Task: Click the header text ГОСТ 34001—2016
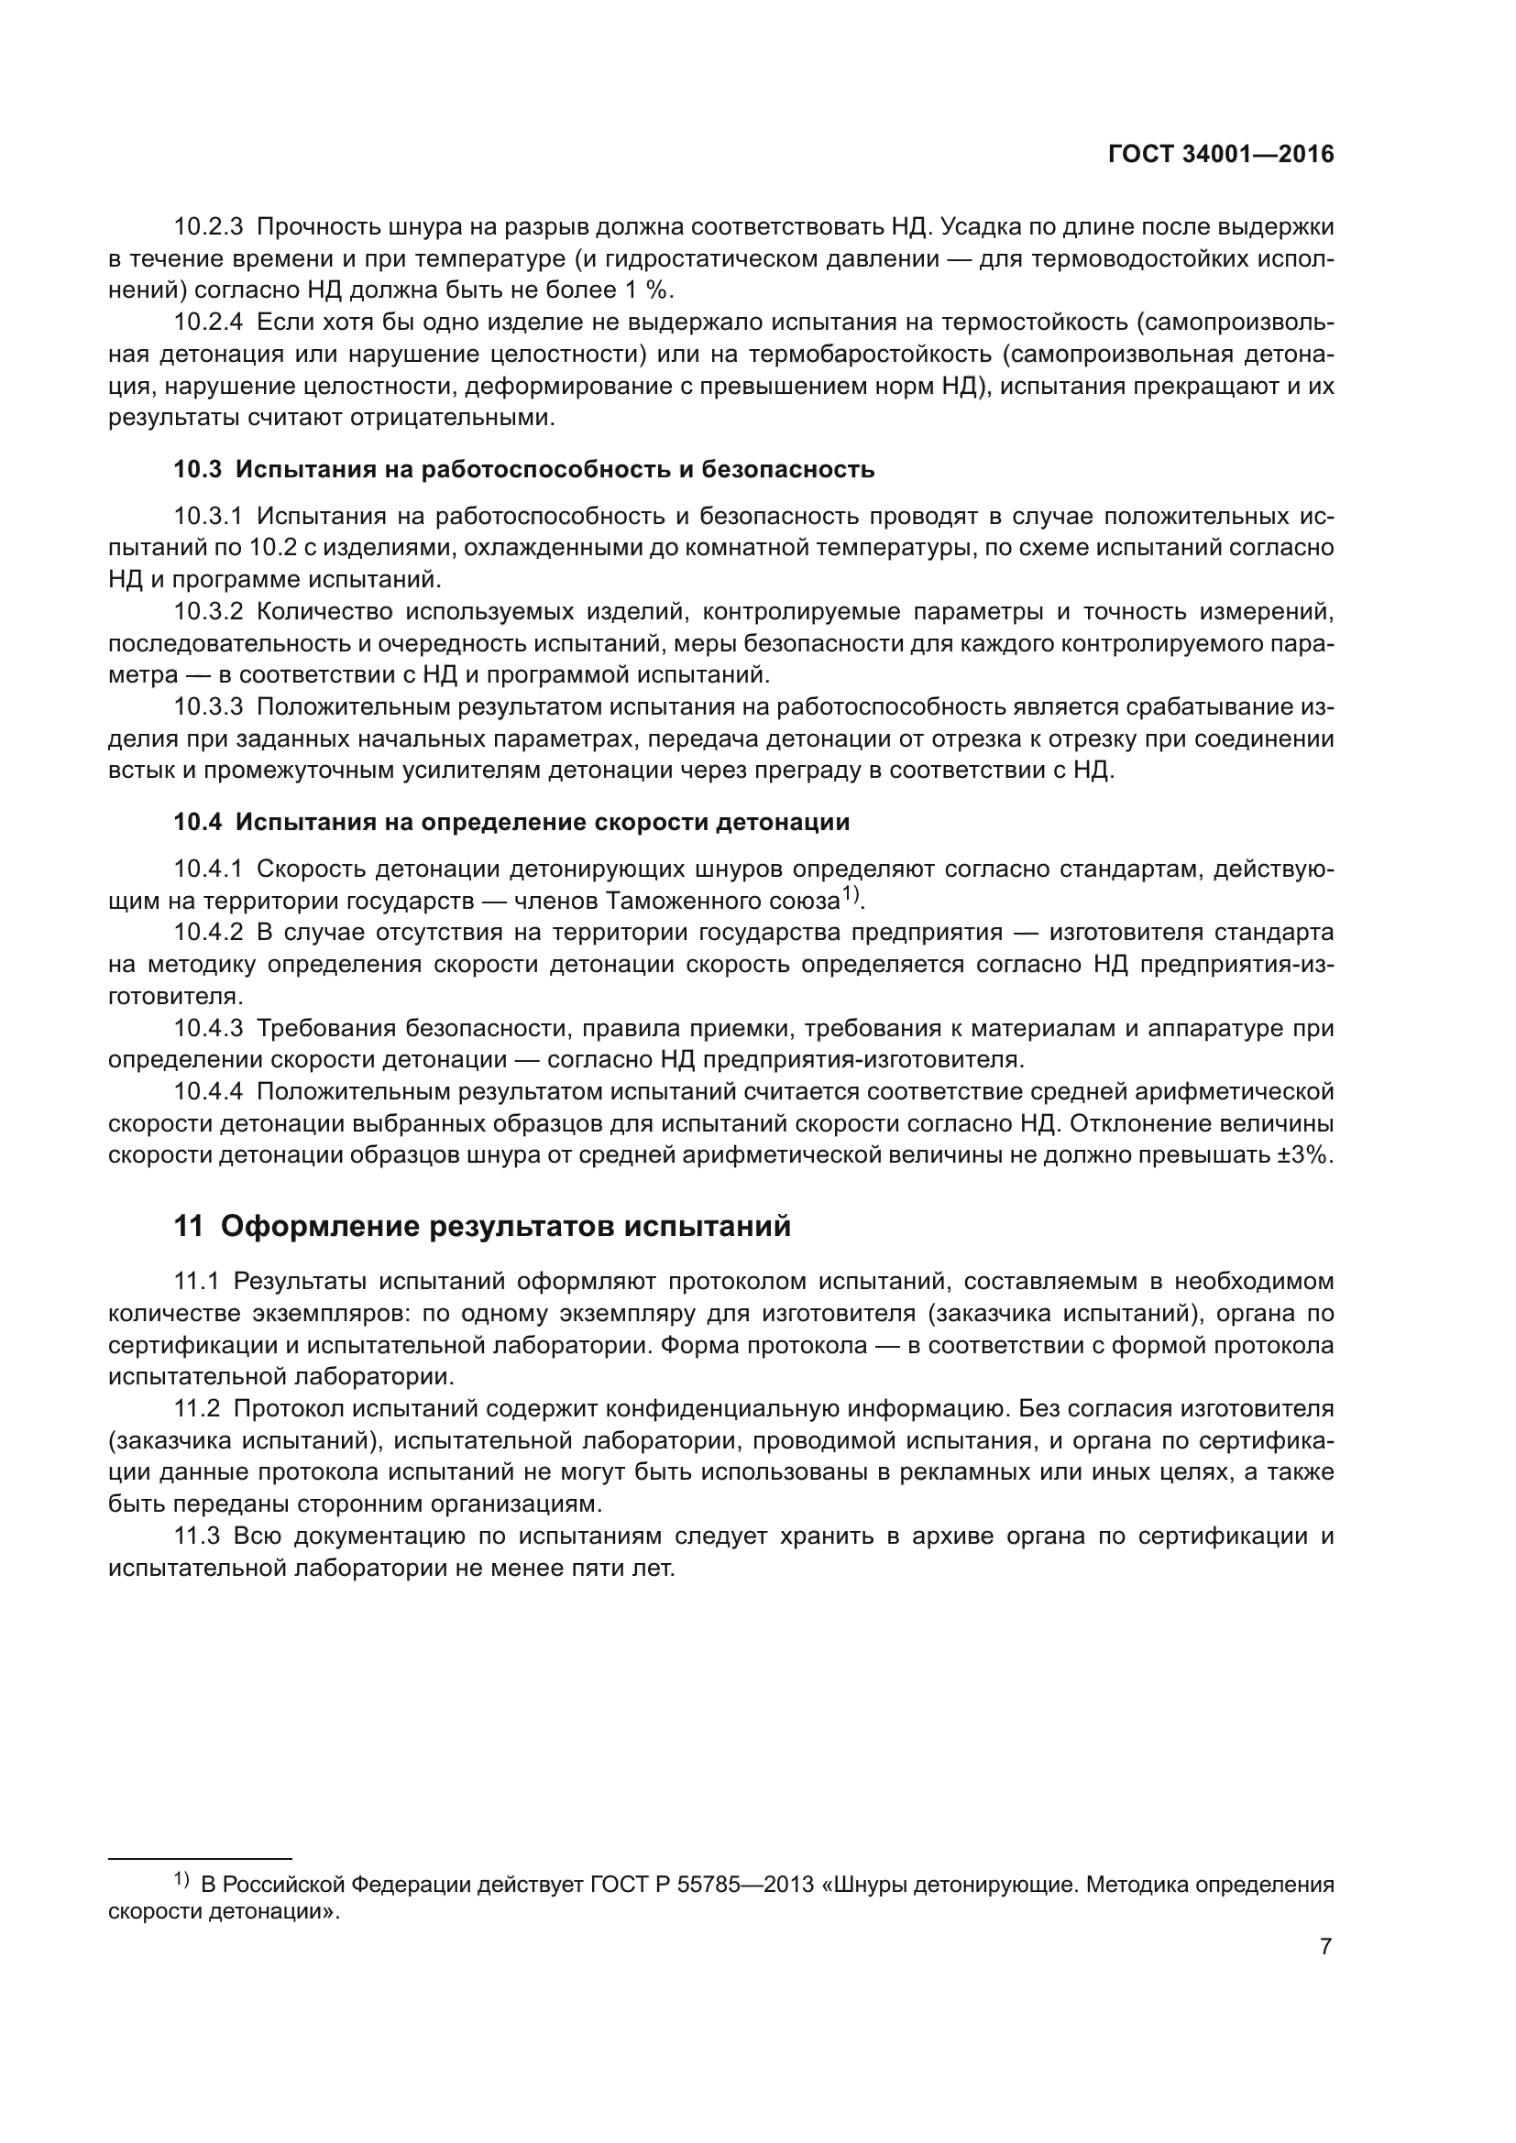click(x=1221, y=155)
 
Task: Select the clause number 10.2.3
click(x=208, y=227)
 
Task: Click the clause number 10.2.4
click(x=208, y=322)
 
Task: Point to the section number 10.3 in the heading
click(x=197, y=469)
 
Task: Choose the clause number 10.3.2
click(x=208, y=612)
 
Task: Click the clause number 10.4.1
click(x=208, y=869)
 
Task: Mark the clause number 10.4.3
click(x=208, y=1029)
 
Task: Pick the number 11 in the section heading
click(x=189, y=1227)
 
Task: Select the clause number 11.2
click(x=197, y=1408)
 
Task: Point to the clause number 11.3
click(x=197, y=1536)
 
